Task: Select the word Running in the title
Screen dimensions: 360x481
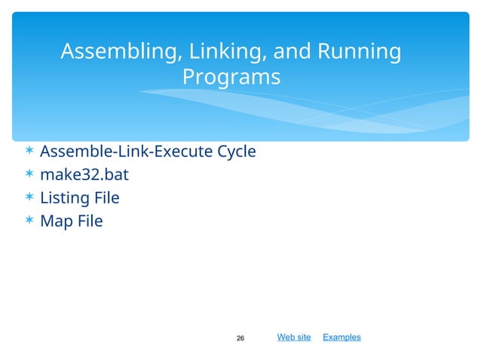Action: tap(359, 52)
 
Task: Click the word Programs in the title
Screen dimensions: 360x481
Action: tap(231, 77)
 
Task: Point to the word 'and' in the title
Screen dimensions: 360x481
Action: tap(293, 52)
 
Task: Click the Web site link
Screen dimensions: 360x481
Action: tap(294, 337)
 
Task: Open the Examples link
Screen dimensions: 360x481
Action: tap(342, 337)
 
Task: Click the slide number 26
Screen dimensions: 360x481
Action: tap(240, 338)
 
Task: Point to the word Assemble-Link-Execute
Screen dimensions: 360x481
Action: tap(126, 152)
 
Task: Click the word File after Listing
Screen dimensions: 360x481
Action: tap(106, 199)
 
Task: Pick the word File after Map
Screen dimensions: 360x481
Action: tap(88, 221)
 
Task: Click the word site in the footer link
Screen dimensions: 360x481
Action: tap(303, 337)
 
